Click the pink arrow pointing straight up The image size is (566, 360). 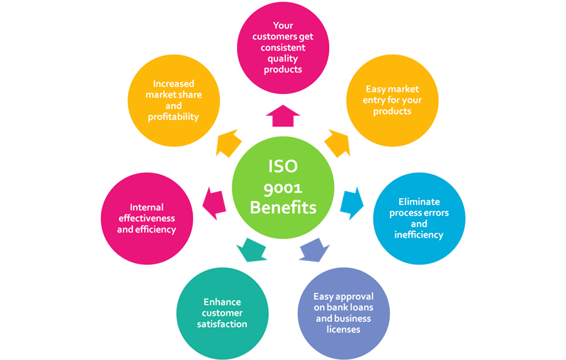(x=283, y=115)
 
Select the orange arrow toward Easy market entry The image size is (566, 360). (x=337, y=144)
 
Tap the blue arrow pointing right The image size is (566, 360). (x=352, y=203)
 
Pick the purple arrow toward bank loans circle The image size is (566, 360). (x=314, y=250)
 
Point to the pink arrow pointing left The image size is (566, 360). (x=214, y=203)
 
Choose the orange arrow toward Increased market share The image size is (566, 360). (x=229, y=144)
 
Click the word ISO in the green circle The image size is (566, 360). (x=283, y=167)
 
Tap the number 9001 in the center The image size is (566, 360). (x=283, y=187)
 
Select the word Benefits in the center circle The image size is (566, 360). (x=283, y=208)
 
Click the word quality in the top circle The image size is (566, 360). (x=283, y=59)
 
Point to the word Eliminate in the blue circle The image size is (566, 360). (x=419, y=202)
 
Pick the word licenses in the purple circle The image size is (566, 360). (x=344, y=330)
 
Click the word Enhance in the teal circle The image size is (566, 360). (x=222, y=301)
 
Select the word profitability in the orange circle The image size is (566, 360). (x=173, y=117)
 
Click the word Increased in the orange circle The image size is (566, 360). (x=173, y=83)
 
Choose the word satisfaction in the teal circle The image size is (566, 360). (x=222, y=324)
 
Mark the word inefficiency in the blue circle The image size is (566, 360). (x=419, y=235)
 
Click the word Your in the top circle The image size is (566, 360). (x=283, y=25)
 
